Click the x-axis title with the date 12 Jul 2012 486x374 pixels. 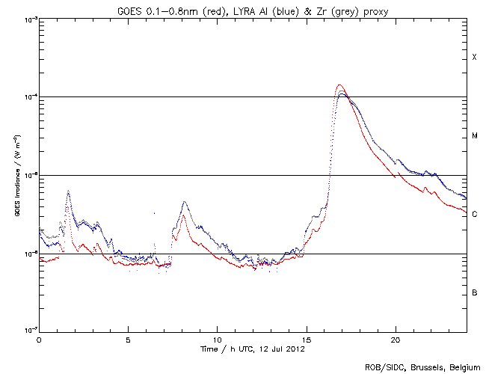(252, 349)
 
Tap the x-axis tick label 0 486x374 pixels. (39, 340)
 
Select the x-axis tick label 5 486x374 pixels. (128, 340)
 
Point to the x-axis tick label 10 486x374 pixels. (217, 340)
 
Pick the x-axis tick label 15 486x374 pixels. (306, 340)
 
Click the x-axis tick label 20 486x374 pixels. (395, 340)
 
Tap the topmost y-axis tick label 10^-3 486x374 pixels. (28, 19)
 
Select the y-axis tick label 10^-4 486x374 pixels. (28, 97)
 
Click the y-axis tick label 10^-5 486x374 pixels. (28, 175)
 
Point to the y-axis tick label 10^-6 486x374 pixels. (28, 254)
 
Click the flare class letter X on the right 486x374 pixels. (474, 58)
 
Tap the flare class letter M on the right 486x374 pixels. (474, 136)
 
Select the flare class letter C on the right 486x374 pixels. (474, 215)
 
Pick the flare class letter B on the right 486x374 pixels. (474, 292)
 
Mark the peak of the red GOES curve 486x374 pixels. (339, 85)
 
